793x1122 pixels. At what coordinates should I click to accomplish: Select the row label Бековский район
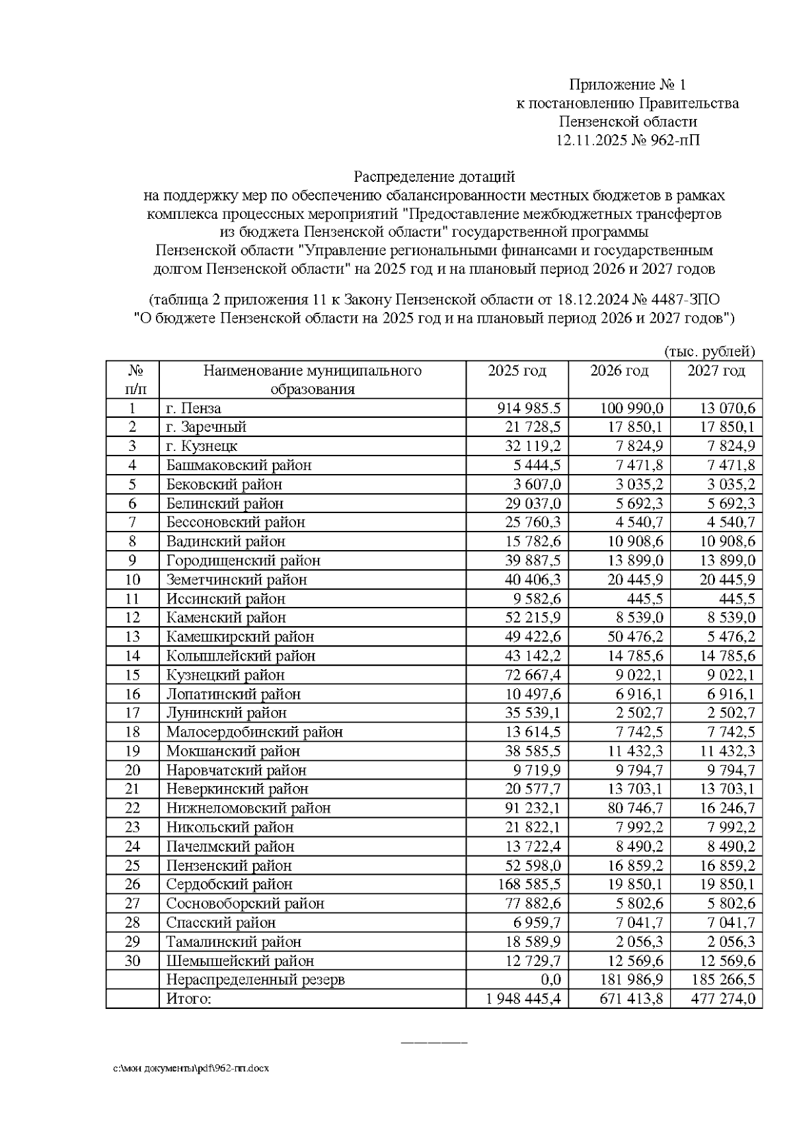click(224, 485)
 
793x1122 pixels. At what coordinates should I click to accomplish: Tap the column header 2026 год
click(619, 371)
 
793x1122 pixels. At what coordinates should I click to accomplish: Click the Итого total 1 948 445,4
click(523, 999)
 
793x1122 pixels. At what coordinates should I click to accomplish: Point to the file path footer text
click(192, 1068)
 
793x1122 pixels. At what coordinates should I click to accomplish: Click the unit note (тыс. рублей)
click(708, 352)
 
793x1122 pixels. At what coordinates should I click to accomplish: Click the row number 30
click(133, 961)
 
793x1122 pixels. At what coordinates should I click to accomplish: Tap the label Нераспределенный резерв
click(255, 980)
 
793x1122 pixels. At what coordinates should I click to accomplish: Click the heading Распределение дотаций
click(434, 177)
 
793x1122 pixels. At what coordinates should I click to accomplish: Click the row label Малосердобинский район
click(254, 733)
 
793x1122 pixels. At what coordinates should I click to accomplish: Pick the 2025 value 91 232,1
click(532, 809)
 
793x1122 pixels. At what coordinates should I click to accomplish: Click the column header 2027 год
click(716, 371)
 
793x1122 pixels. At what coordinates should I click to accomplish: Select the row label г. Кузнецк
click(202, 446)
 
